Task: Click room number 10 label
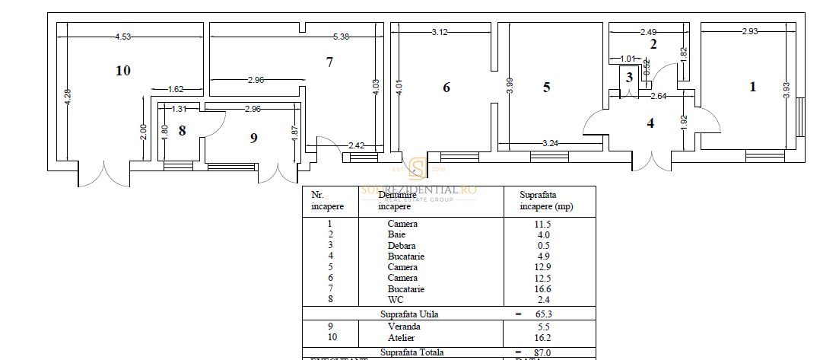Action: tap(123, 71)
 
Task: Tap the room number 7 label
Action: tap(329, 62)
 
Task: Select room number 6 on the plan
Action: tap(447, 88)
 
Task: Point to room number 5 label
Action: tap(546, 88)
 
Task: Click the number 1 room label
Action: tap(753, 87)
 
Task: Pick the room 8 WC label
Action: tap(182, 130)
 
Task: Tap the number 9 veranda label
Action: tap(253, 138)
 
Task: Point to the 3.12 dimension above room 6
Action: tap(439, 32)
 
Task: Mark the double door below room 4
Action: tap(652, 161)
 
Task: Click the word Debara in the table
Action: tap(402, 246)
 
